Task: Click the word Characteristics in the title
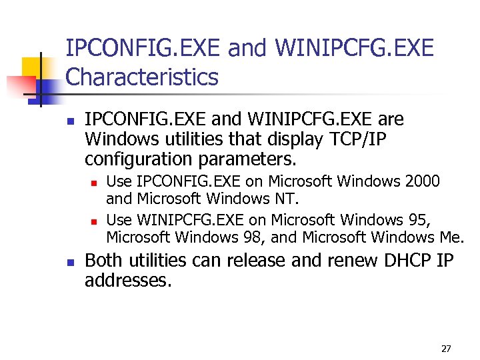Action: pyautogui.click(x=142, y=77)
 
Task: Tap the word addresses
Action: pyautogui.click(x=128, y=281)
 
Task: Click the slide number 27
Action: pyautogui.click(x=446, y=349)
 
